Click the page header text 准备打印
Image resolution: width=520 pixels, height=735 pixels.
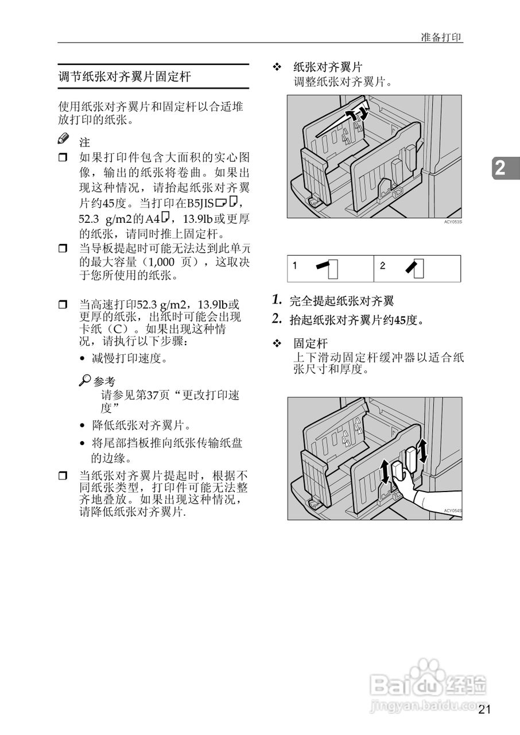(x=441, y=37)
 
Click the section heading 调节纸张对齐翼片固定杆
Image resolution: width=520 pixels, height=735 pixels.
(x=125, y=76)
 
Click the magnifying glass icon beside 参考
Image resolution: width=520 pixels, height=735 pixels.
(x=85, y=380)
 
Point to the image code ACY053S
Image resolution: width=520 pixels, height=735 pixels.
(x=452, y=221)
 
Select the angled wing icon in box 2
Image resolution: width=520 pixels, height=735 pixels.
(x=415, y=268)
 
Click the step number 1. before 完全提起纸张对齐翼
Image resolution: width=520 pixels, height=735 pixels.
(x=277, y=300)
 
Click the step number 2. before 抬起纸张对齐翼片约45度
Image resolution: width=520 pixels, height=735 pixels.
(x=277, y=319)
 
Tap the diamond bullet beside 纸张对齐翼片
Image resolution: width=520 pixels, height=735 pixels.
(x=276, y=67)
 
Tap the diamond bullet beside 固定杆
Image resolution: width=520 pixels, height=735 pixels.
(x=276, y=343)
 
